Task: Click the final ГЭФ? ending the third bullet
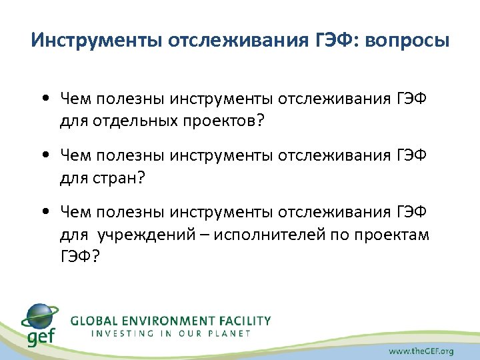click(x=78, y=256)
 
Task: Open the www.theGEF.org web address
click(x=422, y=350)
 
